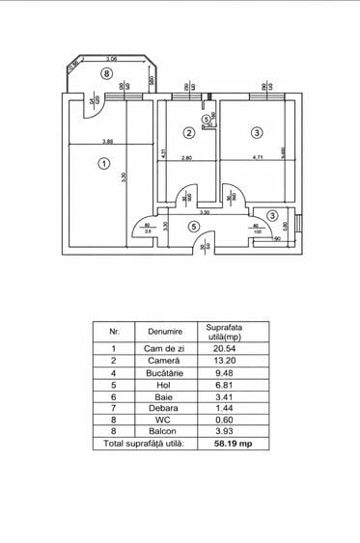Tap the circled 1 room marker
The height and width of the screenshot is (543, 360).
click(102, 164)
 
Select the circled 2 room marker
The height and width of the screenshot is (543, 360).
click(189, 132)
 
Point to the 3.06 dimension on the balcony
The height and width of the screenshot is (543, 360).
click(112, 60)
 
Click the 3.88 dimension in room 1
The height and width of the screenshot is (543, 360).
click(110, 143)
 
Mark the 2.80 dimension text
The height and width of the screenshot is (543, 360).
click(187, 158)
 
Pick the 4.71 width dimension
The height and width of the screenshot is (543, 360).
click(258, 158)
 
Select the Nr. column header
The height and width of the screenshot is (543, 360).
click(114, 331)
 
